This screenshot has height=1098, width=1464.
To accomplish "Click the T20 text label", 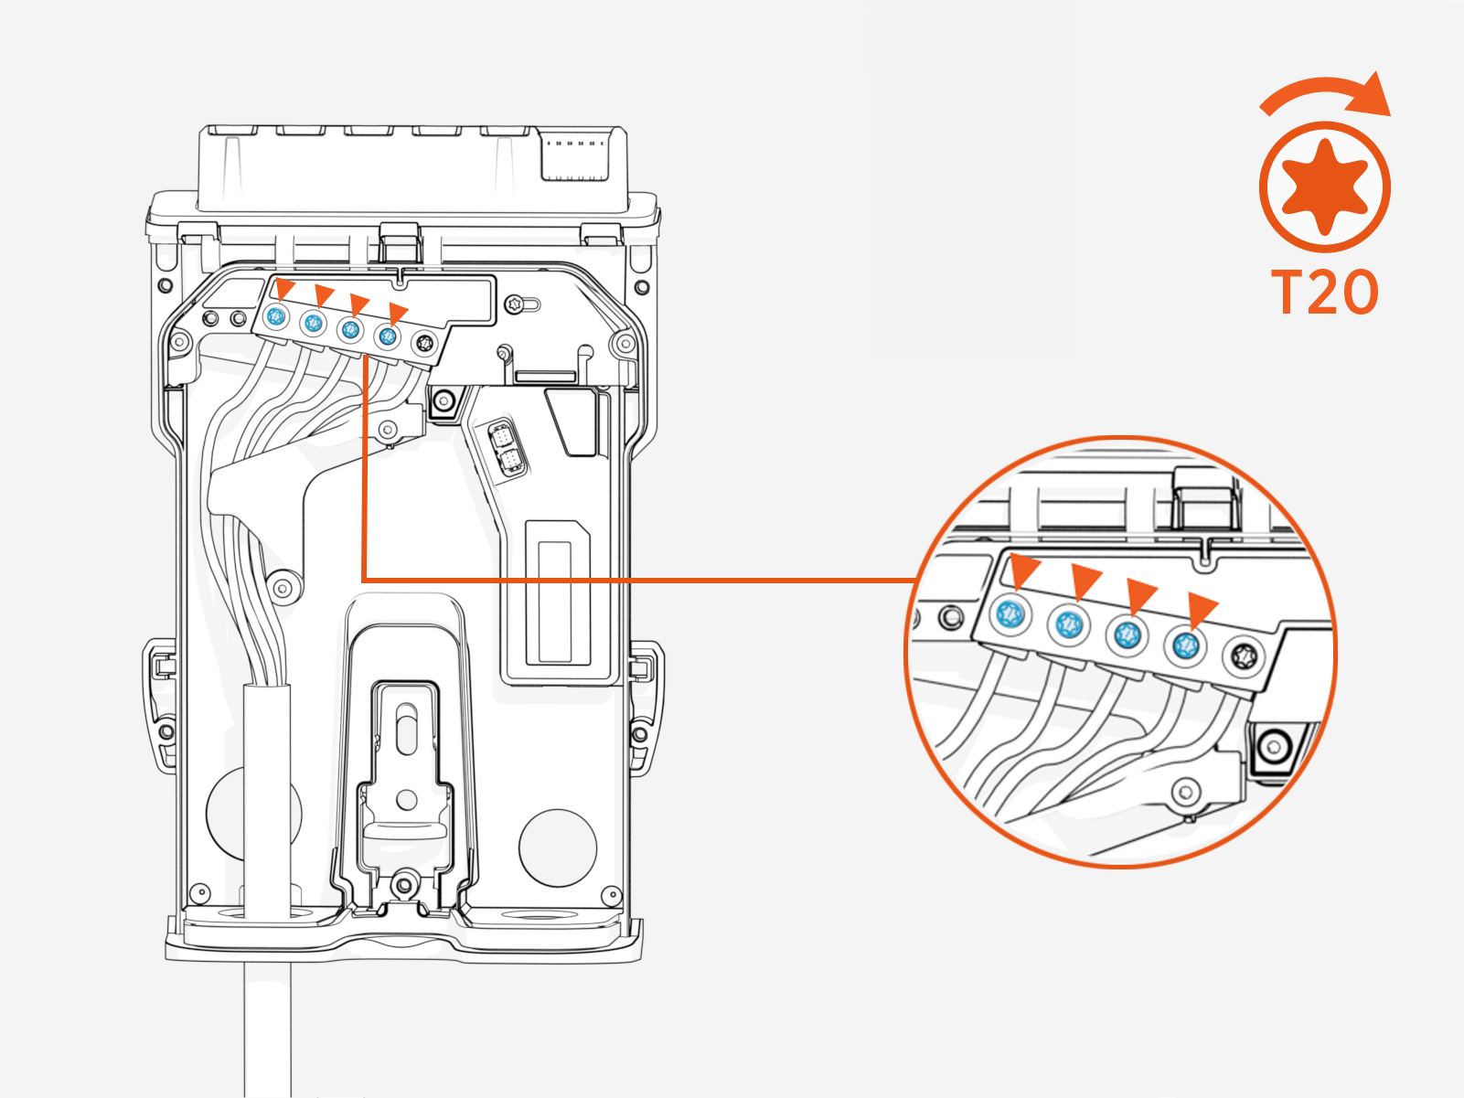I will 1325,292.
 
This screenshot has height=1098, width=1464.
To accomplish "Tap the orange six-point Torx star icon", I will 1325,187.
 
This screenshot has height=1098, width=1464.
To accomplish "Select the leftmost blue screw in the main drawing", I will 276,317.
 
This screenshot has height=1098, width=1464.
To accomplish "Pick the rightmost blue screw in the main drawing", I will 388,336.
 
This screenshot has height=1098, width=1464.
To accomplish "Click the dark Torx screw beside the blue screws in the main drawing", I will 424,343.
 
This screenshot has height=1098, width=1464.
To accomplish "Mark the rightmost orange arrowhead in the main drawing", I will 398,314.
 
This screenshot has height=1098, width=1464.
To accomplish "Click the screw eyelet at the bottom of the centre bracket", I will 404,884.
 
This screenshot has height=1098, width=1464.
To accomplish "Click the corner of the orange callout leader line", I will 364,580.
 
